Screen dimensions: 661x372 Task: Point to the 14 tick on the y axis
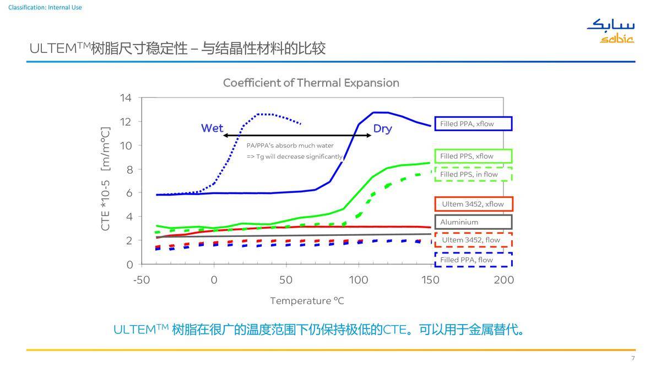point(126,98)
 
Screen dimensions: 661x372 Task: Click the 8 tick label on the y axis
point(129,170)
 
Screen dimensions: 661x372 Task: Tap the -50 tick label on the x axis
point(142,280)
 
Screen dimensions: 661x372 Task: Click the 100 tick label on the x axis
point(359,280)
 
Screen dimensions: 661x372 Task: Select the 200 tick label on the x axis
point(503,280)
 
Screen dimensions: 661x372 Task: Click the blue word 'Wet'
point(212,128)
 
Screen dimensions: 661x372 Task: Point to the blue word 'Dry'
point(383,129)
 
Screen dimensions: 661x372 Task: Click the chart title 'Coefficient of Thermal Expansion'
point(311,83)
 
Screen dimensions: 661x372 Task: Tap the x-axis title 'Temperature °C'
point(307,301)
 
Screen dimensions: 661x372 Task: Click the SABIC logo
point(611,31)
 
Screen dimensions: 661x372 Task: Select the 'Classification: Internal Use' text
point(45,7)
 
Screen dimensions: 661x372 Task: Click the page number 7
point(633,358)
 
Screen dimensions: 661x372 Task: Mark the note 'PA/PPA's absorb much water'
point(290,145)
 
